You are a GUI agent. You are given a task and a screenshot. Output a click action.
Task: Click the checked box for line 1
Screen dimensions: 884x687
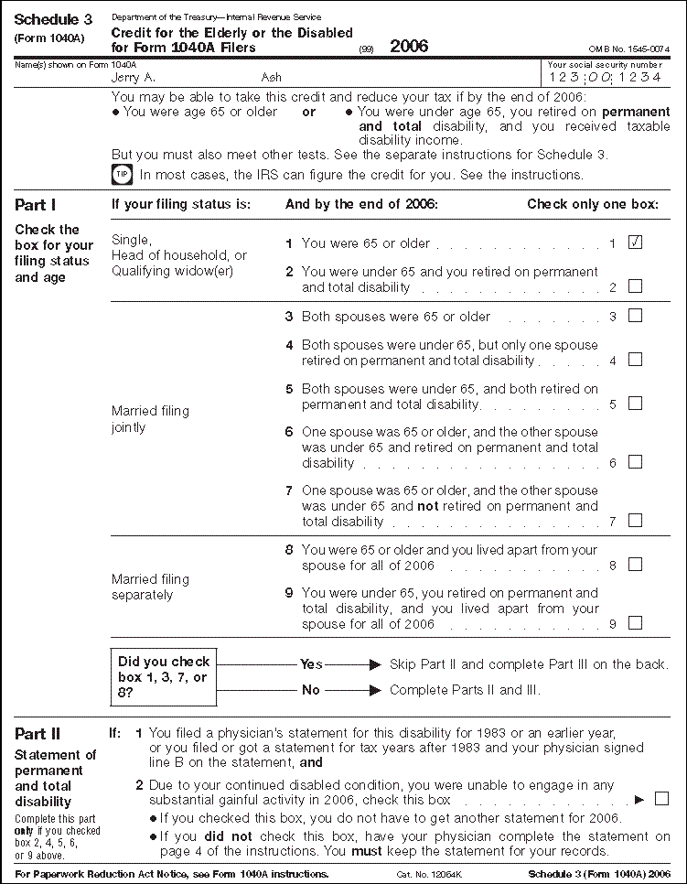(x=635, y=243)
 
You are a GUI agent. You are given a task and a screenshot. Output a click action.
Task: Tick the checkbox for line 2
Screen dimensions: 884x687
(x=635, y=286)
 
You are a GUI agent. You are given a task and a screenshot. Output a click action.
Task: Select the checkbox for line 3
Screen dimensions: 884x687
(x=635, y=316)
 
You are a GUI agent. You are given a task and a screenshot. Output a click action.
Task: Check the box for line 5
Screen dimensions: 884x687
(x=635, y=404)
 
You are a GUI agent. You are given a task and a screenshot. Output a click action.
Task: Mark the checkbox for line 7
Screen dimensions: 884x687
(x=635, y=521)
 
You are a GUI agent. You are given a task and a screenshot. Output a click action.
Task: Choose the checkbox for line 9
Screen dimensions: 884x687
(x=635, y=623)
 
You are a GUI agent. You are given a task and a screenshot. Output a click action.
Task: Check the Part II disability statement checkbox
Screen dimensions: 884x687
(x=661, y=798)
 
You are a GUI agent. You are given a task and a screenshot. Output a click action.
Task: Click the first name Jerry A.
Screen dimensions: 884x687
(x=134, y=78)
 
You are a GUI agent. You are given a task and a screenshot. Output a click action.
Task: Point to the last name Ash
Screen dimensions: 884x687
(x=272, y=78)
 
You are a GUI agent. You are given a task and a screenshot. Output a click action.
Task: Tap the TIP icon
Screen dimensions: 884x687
(x=122, y=174)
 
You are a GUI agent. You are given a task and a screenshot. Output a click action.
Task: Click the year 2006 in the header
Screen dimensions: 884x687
(x=409, y=46)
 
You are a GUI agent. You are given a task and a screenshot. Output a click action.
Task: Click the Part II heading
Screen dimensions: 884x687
(x=38, y=733)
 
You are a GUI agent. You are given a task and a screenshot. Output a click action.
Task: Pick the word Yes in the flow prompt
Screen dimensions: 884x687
(x=311, y=664)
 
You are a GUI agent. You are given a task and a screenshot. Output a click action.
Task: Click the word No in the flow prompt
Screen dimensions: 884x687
(x=311, y=689)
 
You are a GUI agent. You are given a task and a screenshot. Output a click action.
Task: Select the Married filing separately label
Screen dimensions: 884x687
(x=150, y=587)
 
